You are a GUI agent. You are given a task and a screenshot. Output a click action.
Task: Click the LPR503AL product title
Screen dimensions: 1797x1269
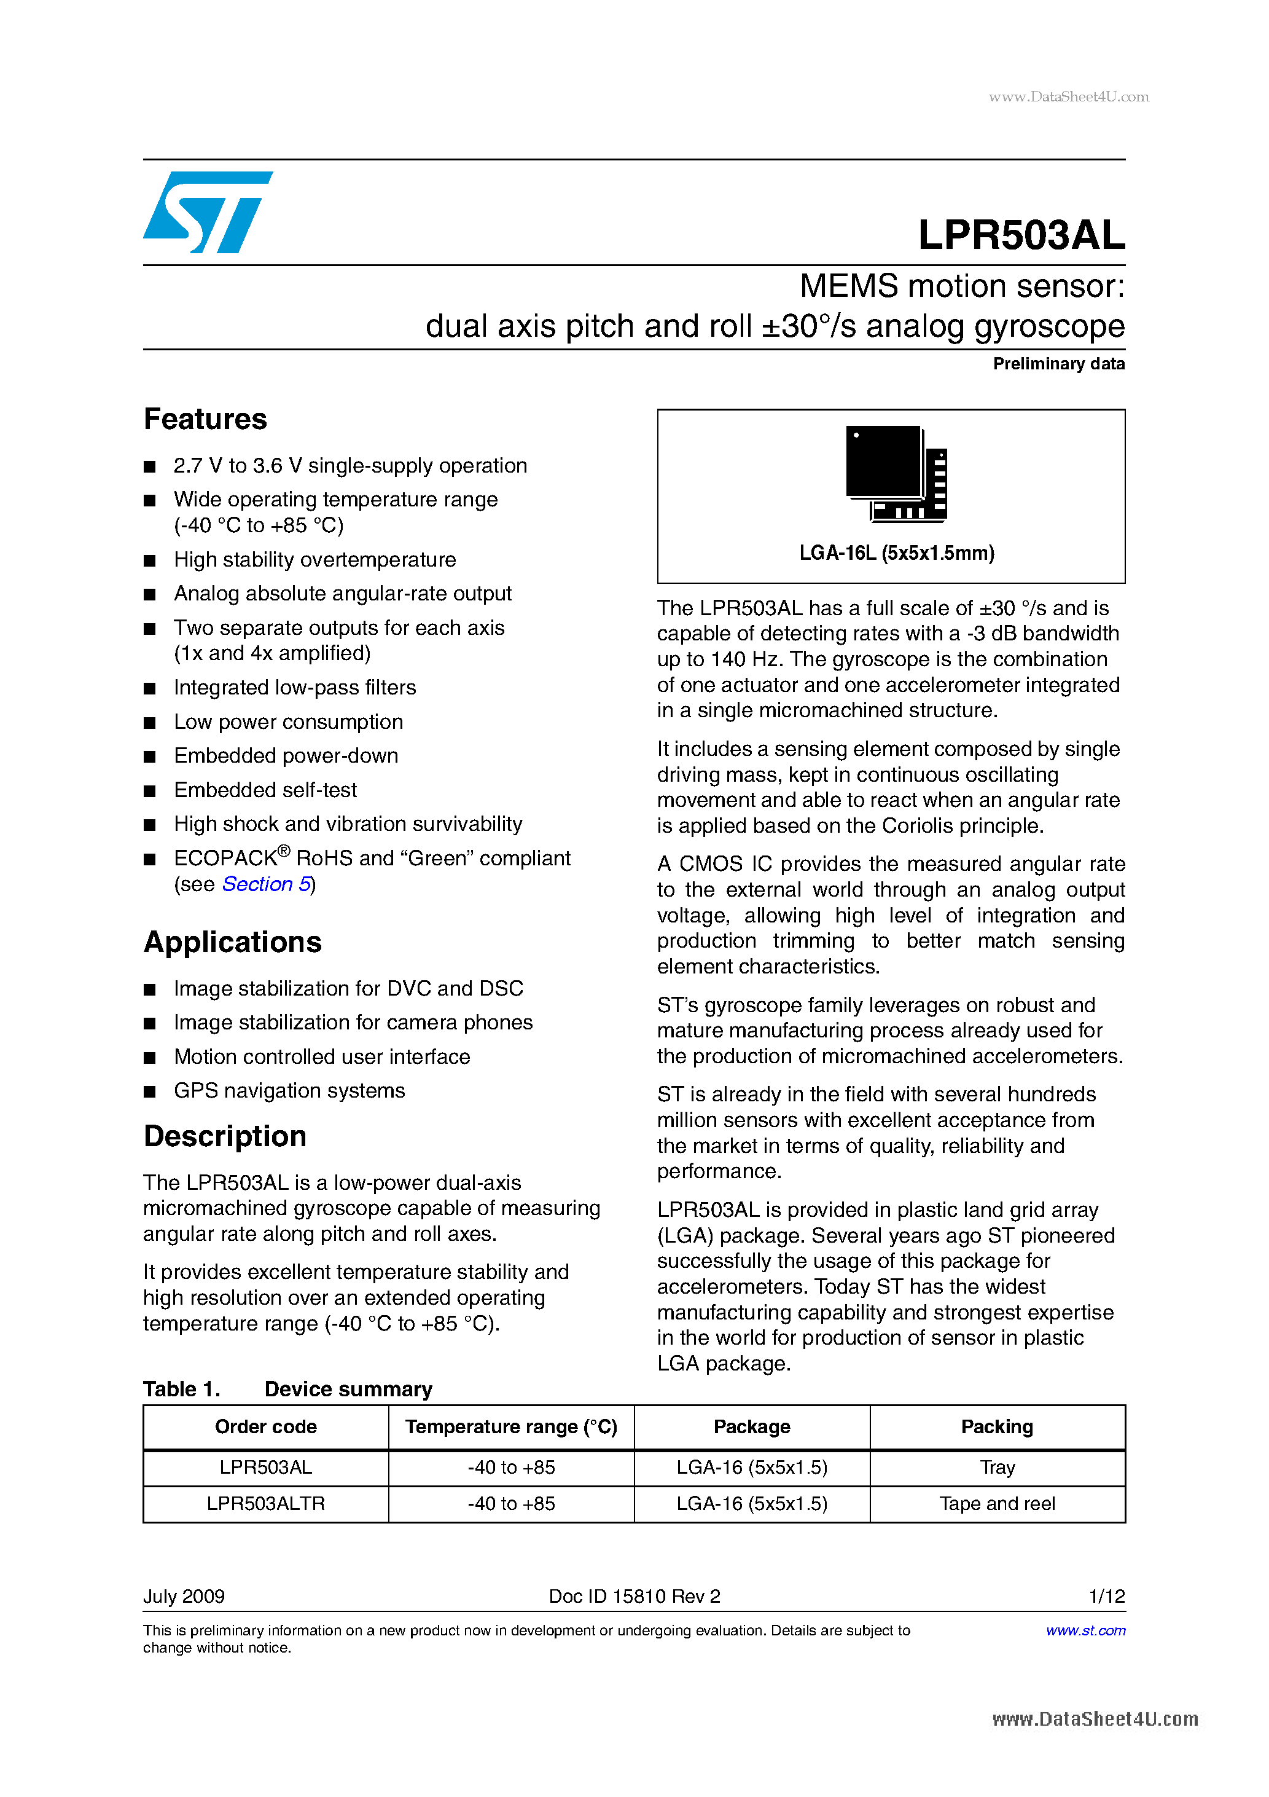point(1020,235)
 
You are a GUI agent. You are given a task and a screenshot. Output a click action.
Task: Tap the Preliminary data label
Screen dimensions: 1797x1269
point(1058,364)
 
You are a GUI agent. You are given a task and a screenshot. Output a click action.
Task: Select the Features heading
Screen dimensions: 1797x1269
point(205,420)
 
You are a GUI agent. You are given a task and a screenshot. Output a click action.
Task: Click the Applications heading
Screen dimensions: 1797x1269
point(232,942)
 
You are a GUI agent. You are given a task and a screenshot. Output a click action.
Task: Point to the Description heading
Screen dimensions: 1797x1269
point(225,1136)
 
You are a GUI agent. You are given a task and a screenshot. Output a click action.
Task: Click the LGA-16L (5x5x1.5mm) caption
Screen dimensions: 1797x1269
point(896,553)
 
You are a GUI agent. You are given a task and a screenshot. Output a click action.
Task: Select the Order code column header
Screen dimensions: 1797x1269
point(265,1427)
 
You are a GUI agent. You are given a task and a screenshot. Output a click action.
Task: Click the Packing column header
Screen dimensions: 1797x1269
point(997,1427)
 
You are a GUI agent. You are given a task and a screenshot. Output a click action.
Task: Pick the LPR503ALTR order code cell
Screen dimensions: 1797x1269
point(265,1503)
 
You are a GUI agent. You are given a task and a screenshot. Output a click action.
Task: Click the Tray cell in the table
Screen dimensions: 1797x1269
point(997,1468)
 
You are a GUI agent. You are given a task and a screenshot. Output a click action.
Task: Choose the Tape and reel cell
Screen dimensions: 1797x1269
point(997,1503)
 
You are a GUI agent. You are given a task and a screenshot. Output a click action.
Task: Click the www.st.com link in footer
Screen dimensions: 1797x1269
point(1085,1630)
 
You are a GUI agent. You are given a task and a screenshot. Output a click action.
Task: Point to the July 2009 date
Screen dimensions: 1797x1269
point(184,1596)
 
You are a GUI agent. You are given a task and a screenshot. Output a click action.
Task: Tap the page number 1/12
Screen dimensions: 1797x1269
point(1106,1596)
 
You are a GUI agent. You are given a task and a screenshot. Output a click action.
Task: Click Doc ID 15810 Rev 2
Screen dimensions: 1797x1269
point(634,1596)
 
